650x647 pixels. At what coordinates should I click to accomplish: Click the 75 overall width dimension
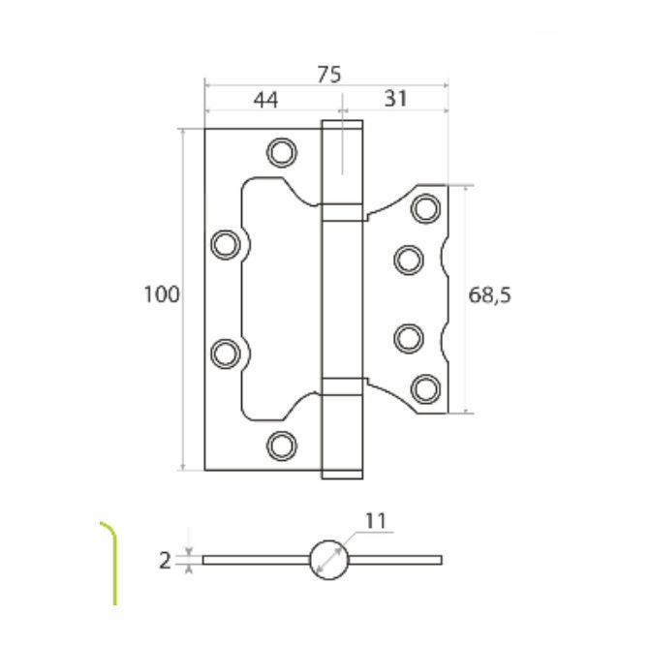(329, 75)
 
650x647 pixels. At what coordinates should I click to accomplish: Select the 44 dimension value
(266, 100)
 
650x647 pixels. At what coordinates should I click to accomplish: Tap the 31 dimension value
(396, 99)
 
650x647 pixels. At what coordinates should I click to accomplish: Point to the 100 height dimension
(162, 294)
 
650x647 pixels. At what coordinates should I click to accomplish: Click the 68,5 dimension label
(489, 295)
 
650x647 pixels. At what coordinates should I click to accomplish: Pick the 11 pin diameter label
(376, 521)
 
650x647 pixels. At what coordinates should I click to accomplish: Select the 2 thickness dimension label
(165, 561)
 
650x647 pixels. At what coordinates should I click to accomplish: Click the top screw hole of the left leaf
(282, 152)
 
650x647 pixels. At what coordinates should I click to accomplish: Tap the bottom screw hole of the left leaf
(282, 447)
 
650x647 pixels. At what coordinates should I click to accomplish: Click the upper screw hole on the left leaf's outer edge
(226, 244)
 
